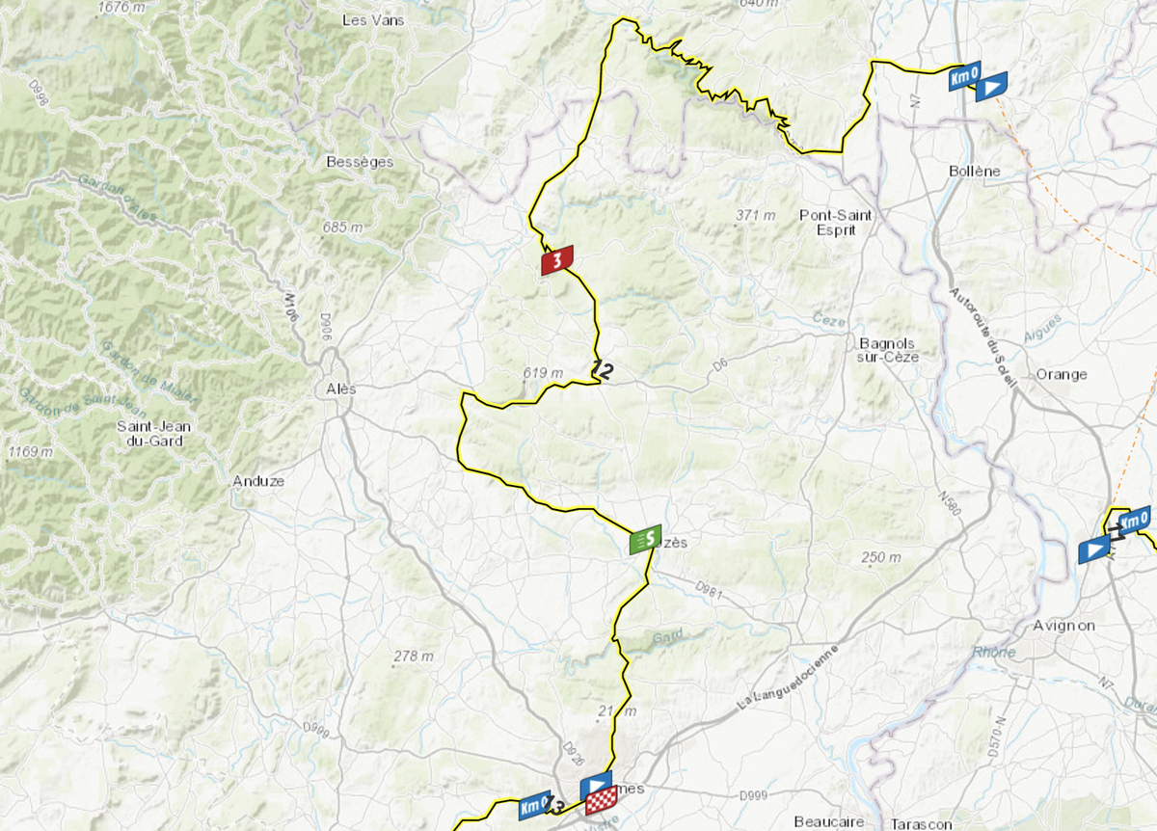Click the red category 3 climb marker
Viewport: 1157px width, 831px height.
click(557, 260)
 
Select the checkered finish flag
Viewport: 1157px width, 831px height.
click(601, 799)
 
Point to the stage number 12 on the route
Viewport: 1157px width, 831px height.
click(603, 368)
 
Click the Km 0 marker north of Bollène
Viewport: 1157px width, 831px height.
click(964, 76)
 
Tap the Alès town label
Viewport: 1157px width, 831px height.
click(336, 389)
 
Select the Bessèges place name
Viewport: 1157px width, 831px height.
click(360, 162)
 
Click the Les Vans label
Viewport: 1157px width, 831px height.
click(373, 20)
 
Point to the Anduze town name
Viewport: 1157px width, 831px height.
click(258, 480)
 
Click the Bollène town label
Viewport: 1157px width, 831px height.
click(974, 172)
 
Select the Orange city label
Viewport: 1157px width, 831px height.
click(1061, 374)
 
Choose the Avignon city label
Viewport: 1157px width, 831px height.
click(1064, 626)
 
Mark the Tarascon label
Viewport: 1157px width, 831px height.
click(920, 824)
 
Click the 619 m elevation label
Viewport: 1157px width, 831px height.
click(543, 373)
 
